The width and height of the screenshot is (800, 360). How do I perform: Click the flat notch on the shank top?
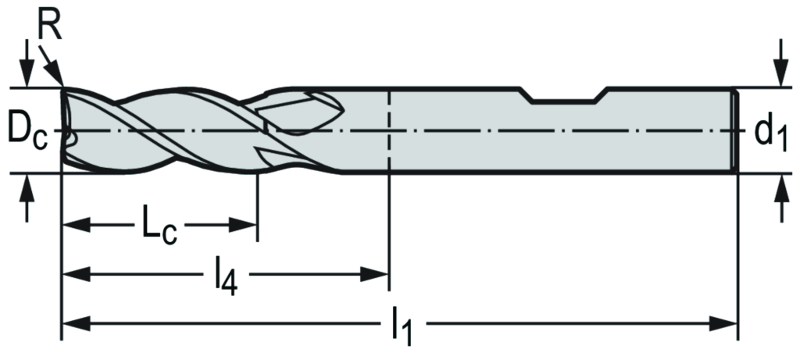[x=565, y=99]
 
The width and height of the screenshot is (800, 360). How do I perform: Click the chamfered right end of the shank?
[x=734, y=130]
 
